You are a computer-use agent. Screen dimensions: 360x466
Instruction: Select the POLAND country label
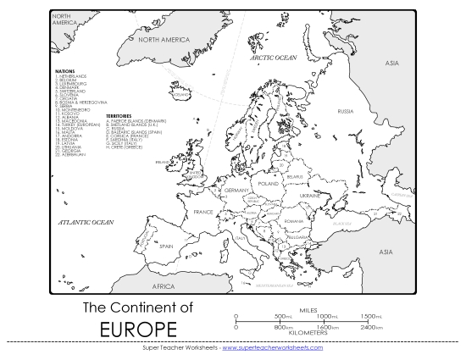pyautogui.click(x=269, y=183)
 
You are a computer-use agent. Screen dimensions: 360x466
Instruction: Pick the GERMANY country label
pyautogui.click(x=235, y=191)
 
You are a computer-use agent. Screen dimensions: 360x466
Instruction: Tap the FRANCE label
pyautogui.click(x=203, y=212)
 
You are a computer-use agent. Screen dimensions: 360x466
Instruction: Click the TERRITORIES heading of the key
pyautogui.click(x=120, y=115)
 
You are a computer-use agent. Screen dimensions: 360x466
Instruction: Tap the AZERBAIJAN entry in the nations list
pyautogui.click(x=74, y=155)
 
